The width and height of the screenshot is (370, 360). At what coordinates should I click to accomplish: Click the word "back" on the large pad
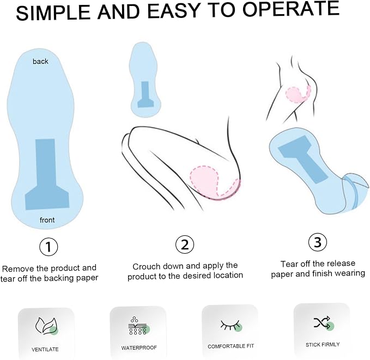[x=40, y=62]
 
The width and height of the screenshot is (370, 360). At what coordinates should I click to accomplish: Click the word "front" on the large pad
[x=47, y=220]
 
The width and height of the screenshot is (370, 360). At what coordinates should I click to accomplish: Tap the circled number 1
[x=48, y=247]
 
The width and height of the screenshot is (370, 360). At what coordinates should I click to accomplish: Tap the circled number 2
[x=185, y=245]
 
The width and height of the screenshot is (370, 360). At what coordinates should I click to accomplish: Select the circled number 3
[x=318, y=242]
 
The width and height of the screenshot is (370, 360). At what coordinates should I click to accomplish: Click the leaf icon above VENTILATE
[x=46, y=326]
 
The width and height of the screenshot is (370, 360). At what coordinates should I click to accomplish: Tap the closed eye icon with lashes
[x=231, y=325]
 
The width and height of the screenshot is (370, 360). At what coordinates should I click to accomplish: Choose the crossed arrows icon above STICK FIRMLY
[x=323, y=323]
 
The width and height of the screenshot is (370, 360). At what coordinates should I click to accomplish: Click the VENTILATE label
[x=45, y=349]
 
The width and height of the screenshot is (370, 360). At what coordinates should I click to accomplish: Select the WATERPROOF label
[x=139, y=347]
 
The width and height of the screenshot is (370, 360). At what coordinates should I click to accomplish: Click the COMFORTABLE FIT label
[x=231, y=346]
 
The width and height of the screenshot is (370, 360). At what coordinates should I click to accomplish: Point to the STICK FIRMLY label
[x=323, y=345]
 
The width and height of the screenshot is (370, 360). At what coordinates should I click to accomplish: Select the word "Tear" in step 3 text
[x=289, y=264]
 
